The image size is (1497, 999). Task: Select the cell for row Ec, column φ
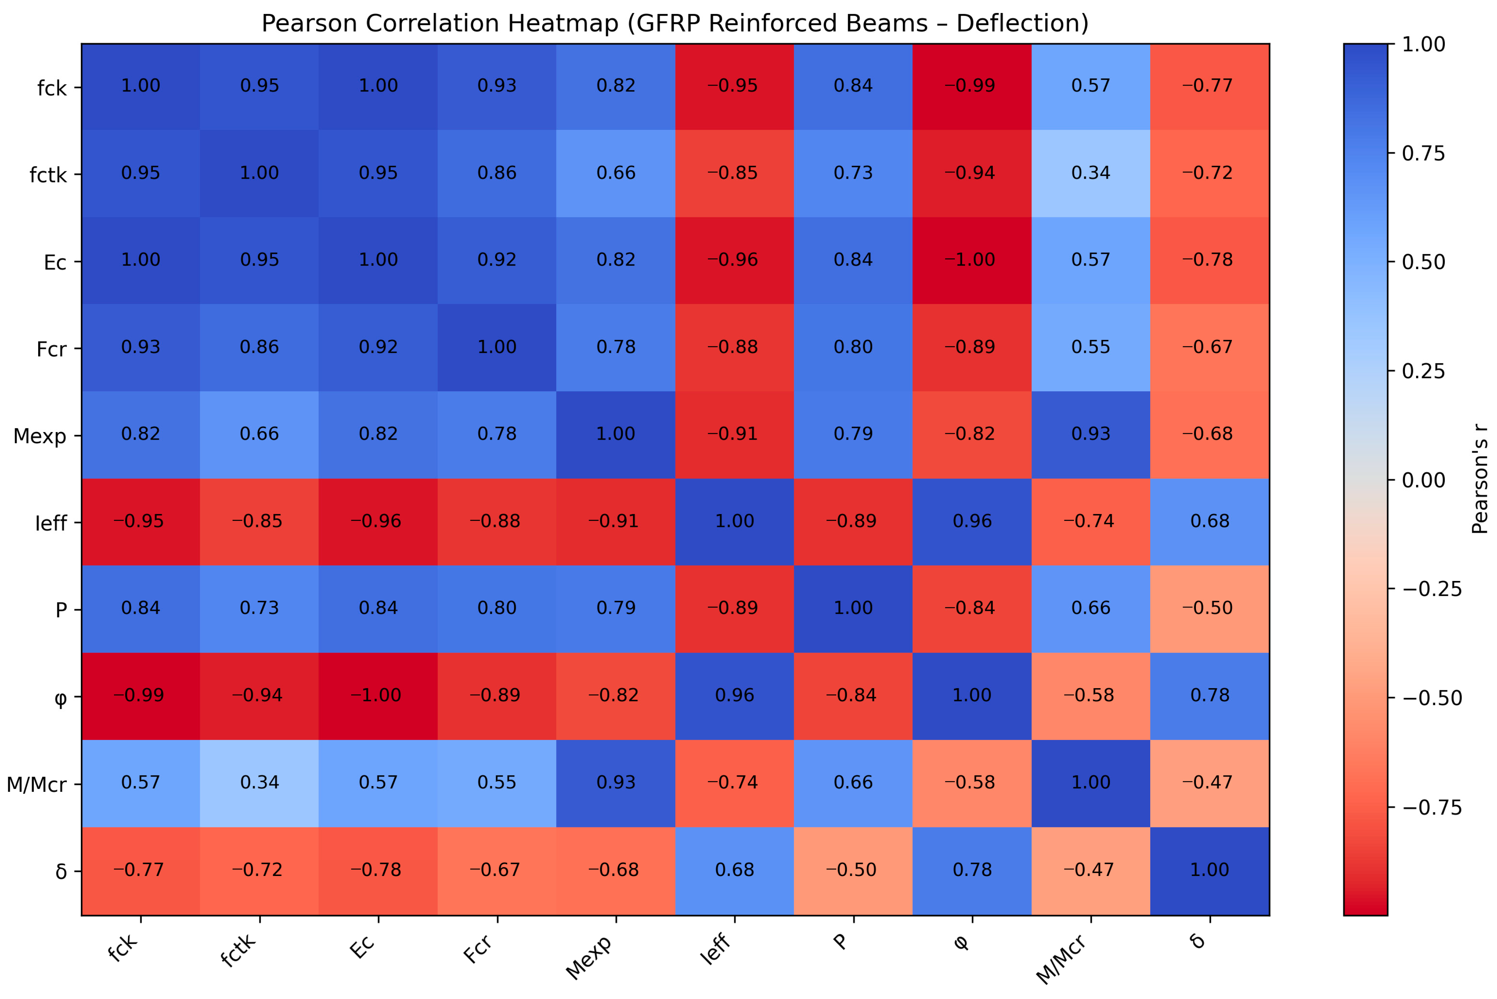point(972,260)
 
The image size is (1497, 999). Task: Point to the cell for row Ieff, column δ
point(1210,522)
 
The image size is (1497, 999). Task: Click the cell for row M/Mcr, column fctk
point(259,784)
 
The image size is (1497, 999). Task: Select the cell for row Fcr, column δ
point(1210,348)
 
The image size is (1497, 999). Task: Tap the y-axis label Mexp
point(40,436)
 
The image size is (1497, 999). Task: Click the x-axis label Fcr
point(478,949)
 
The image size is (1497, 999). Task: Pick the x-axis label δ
point(1198,941)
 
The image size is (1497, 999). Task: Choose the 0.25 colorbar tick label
point(1424,371)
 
